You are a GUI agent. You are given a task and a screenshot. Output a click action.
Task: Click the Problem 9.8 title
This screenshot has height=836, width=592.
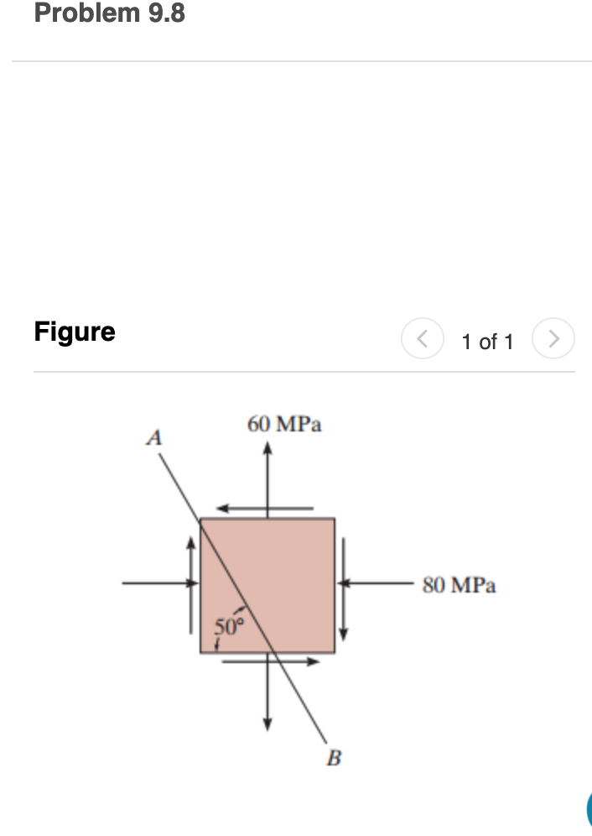pyautogui.click(x=110, y=13)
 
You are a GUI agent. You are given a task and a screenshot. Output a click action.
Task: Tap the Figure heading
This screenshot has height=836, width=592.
pyautogui.click(x=75, y=332)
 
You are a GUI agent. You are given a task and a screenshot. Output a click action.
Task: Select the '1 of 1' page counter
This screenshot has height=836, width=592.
pyautogui.click(x=487, y=342)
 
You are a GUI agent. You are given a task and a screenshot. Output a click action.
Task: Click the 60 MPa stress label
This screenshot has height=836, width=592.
pyautogui.click(x=284, y=424)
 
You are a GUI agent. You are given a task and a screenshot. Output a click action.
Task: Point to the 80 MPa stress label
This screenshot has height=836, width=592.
pyautogui.click(x=459, y=585)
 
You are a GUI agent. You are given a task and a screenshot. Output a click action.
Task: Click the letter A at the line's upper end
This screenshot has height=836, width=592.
pyautogui.click(x=153, y=436)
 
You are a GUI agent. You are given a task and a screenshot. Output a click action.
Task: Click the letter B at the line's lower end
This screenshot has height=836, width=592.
pyautogui.click(x=334, y=760)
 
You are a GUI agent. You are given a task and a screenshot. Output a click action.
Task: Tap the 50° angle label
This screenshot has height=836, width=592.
pyautogui.click(x=228, y=625)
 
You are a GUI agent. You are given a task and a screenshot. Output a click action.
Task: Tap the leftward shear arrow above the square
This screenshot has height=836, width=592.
pyautogui.click(x=264, y=508)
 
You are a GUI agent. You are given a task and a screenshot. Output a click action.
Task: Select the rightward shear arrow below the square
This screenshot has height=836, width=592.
pyautogui.click(x=271, y=661)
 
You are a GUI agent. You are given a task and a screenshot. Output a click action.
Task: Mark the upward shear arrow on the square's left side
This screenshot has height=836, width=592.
pyautogui.click(x=192, y=583)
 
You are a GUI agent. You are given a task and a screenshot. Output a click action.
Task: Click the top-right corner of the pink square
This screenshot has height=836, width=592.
pyautogui.click(x=335, y=519)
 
